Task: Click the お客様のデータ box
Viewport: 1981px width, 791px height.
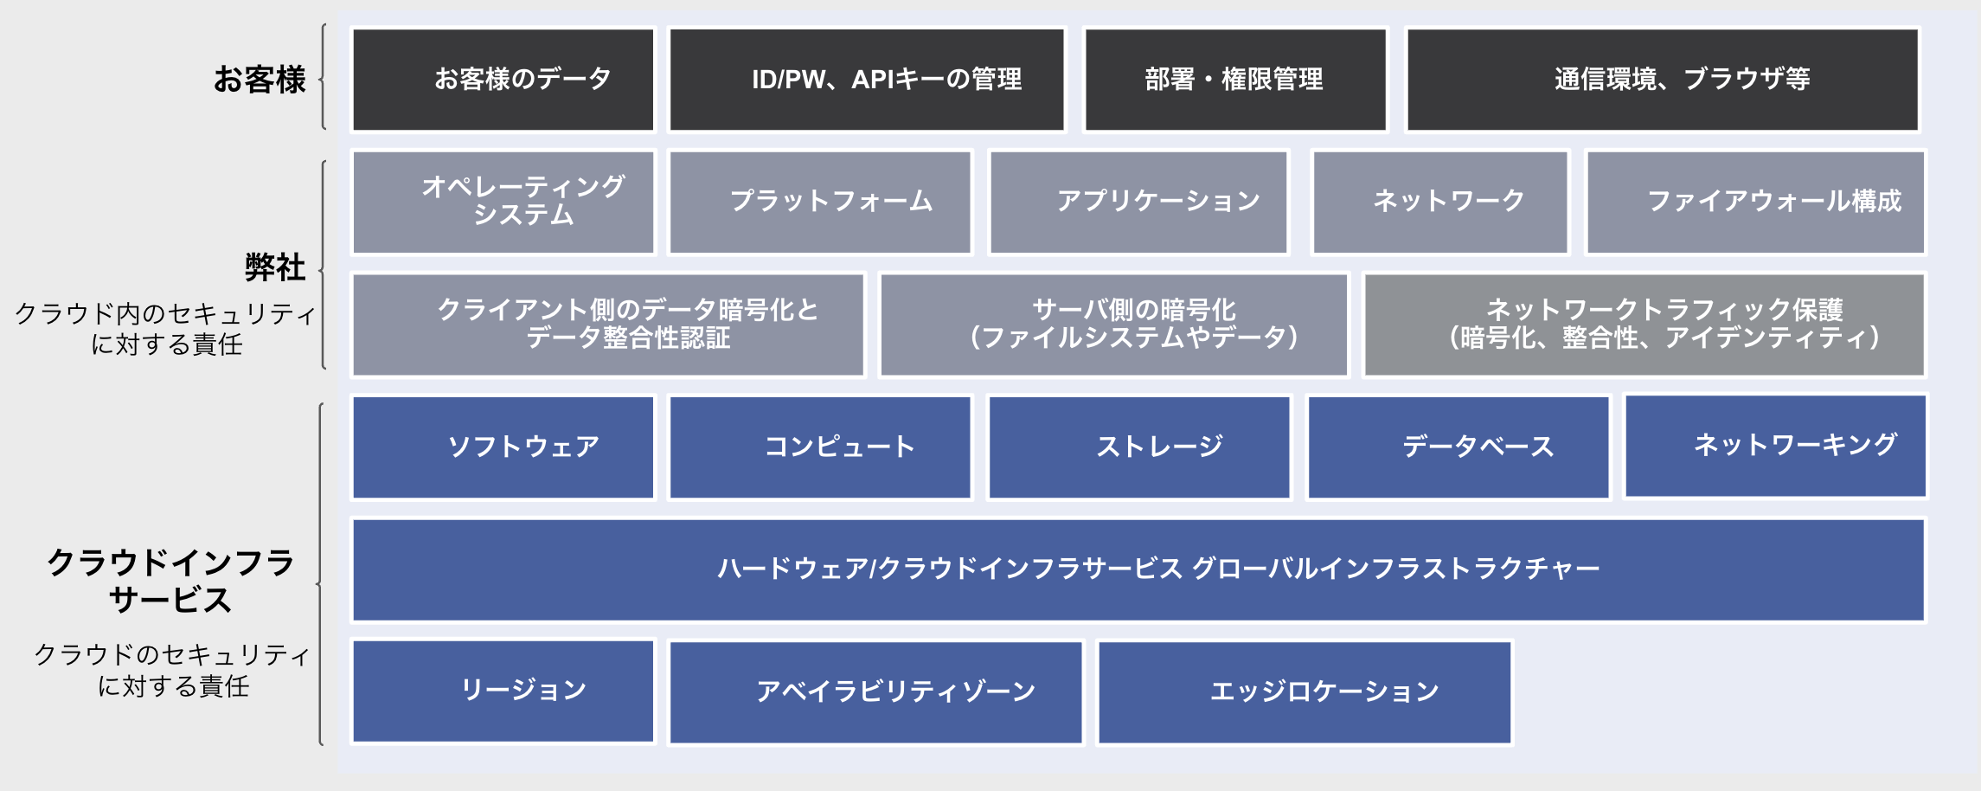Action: [503, 80]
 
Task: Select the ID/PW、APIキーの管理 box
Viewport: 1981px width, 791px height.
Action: [867, 80]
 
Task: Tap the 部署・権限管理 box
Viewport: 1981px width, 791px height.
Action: [1235, 80]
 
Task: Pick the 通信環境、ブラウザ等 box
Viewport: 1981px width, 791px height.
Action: [1662, 80]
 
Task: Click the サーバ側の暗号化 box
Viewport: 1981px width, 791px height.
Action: [1114, 325]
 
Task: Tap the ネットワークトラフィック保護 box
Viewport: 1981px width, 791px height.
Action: [1644, 325]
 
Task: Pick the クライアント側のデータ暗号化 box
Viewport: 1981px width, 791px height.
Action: [608, 325]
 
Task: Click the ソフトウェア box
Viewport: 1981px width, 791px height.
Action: [503, 447]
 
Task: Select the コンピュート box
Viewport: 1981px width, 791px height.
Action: [820, 447]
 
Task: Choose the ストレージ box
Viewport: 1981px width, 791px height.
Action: [1139, 447]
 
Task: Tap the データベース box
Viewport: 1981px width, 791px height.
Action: [1459, 447]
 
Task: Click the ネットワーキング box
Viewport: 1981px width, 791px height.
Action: [1775, 446]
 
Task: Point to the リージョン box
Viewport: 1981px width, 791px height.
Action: [503, 691]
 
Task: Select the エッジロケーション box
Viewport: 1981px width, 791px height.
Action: [1305, 691]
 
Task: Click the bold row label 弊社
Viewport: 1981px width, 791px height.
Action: [274, 267]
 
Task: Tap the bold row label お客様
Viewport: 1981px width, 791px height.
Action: [260, 80]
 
